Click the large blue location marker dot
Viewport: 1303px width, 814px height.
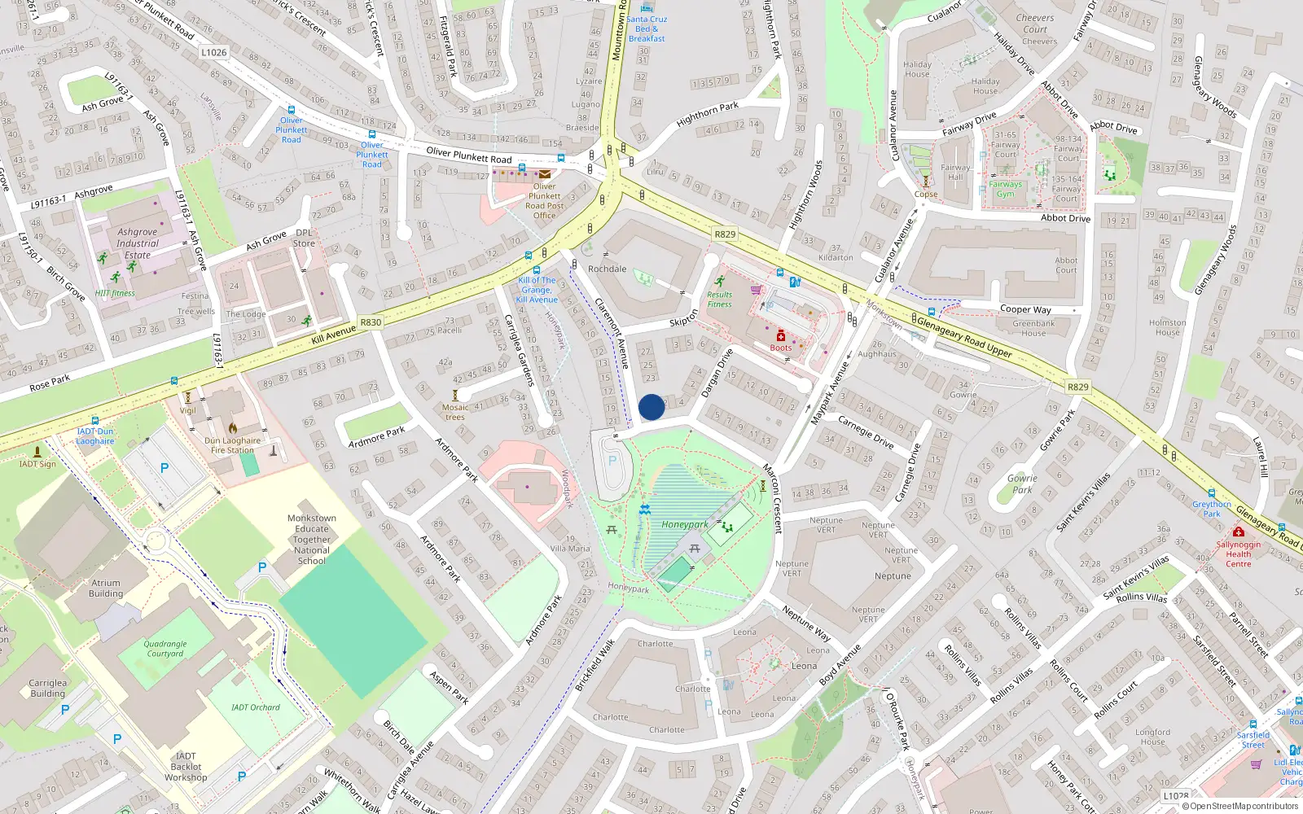(x=651, y=407)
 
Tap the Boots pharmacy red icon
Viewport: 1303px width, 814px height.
(x=780, y=335)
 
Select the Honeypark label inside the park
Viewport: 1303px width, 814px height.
(x=684, y=524)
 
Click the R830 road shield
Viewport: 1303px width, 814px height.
(x=371, y=322)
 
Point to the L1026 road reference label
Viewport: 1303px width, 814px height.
(x=213, y=52)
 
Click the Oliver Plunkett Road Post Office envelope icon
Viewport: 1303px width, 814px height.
(x=544, y=174)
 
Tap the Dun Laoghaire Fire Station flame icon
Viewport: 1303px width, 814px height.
(x=232, y=427)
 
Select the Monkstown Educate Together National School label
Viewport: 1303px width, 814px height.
(x=311, y=539)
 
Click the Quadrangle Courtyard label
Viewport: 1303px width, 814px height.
(x=165, y=648)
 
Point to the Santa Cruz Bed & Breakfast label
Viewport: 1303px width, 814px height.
(x=647, y=28)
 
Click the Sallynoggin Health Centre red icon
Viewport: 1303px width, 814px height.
(x=1238, y=532)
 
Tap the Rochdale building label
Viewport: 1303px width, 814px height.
(x=607, y=269)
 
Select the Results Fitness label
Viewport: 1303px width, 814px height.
(x=719, y=300)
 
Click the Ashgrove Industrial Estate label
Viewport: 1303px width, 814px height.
(x=137, y=243)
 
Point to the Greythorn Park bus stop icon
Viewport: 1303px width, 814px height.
(x=1211, y=493)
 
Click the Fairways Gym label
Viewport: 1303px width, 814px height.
(x=1005, y=189)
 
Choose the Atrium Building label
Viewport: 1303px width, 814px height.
(x=106, y=588)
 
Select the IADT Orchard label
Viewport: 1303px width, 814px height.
(x=255, y=707)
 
